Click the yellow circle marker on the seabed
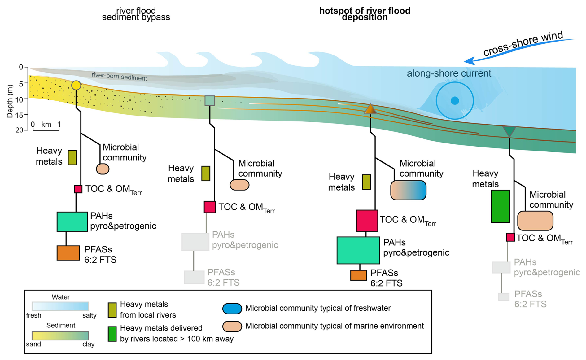coord(76,85)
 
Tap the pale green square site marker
coord(210,100)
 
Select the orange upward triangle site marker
coord(370,109)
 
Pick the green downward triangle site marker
coord(509,131)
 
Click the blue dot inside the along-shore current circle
coord(455,101)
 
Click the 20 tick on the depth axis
coord(20,130)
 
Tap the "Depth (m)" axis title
coord(10,101)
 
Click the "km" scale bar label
coord(46,125)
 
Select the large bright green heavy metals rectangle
coord(500,206)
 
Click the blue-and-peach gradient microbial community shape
coord(408,190)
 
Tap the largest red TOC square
coord(367,221)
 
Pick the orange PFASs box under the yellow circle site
coord(68,253)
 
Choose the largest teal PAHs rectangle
coord(358,250)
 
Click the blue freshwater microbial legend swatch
coord(232,309)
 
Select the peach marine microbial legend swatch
coord(232,326)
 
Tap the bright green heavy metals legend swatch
coord(112,334)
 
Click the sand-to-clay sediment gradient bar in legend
coord(60,336)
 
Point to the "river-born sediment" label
coord(119,77)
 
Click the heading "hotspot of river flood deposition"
coord(365,14)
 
